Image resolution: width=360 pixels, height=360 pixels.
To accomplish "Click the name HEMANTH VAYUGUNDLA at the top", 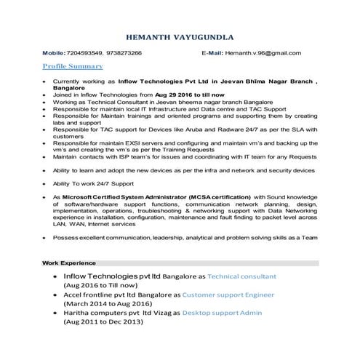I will click(180, 36).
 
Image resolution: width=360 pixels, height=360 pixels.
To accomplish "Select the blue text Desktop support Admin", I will click(221, 313).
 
